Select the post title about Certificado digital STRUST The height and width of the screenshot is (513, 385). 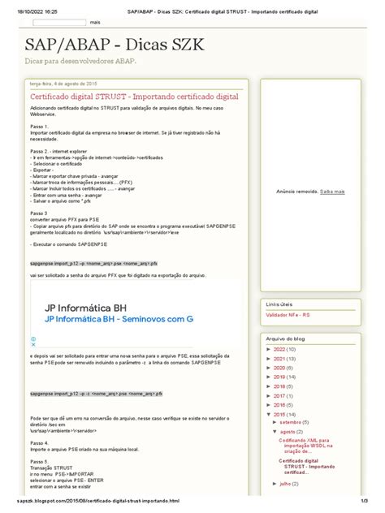(x=139, y=96)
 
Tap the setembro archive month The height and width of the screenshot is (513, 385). (x=296, y=422)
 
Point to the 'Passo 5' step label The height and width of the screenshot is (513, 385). (x=38, y=461)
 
